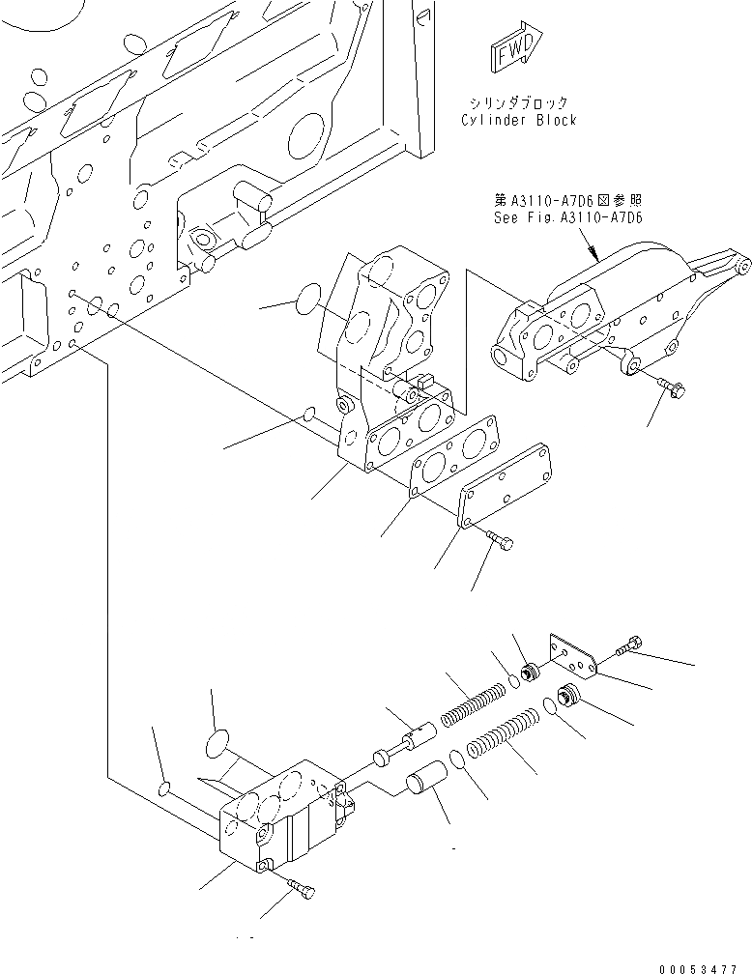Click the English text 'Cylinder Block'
point(518,120)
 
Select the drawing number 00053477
point(704,966)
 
